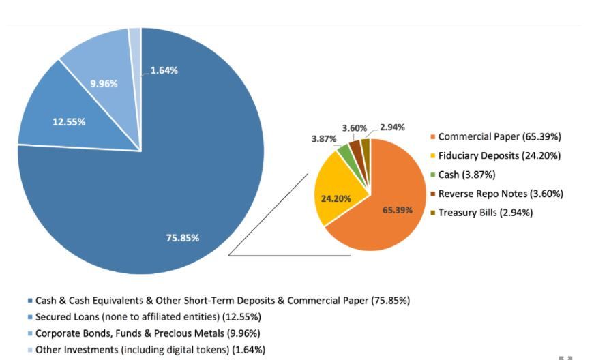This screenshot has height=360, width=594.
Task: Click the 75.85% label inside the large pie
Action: [x=183, y=238]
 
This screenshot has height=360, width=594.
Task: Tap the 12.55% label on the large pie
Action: [x=69, y=122]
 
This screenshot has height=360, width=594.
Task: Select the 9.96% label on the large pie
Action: [x=104, y=84]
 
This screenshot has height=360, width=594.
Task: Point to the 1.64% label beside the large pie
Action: [x=164, y=70]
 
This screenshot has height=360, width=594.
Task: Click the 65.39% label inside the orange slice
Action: [x=397, y=210]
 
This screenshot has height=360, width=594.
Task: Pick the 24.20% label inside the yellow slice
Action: [x=336, y=199]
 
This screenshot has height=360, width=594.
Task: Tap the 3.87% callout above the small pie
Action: [x=324, y=139]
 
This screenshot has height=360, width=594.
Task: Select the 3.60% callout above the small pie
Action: [x=355, y=128]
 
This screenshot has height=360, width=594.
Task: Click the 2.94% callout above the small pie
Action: [x=392, y=127]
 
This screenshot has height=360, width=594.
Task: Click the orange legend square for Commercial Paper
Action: [x=432, y=137]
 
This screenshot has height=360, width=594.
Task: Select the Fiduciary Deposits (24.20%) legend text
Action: [x=499, y=156]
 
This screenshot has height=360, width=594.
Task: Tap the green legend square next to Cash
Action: [x=432, y=175]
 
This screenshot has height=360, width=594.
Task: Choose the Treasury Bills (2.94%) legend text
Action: [x=485, y=213]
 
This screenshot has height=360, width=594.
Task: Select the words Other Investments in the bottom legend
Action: [x=76, y=350]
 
